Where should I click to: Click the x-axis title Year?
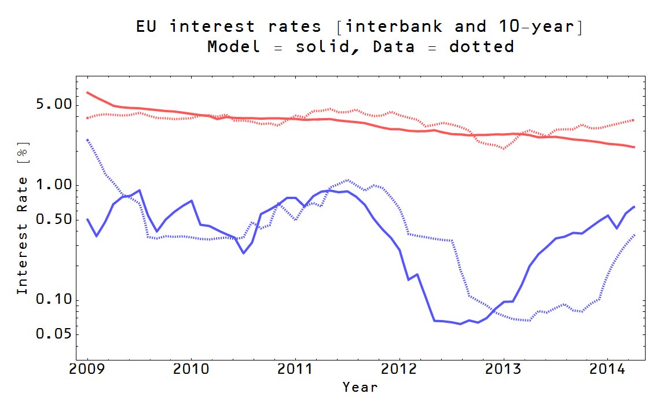tap(360, 387)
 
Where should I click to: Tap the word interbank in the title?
tap(394, 27)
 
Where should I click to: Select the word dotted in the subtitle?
tap(482, 46)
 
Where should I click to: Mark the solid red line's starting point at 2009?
tap(87, 92)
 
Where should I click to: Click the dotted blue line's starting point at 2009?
tap(87, 139)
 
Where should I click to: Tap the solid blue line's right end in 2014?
tap(635, 207)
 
